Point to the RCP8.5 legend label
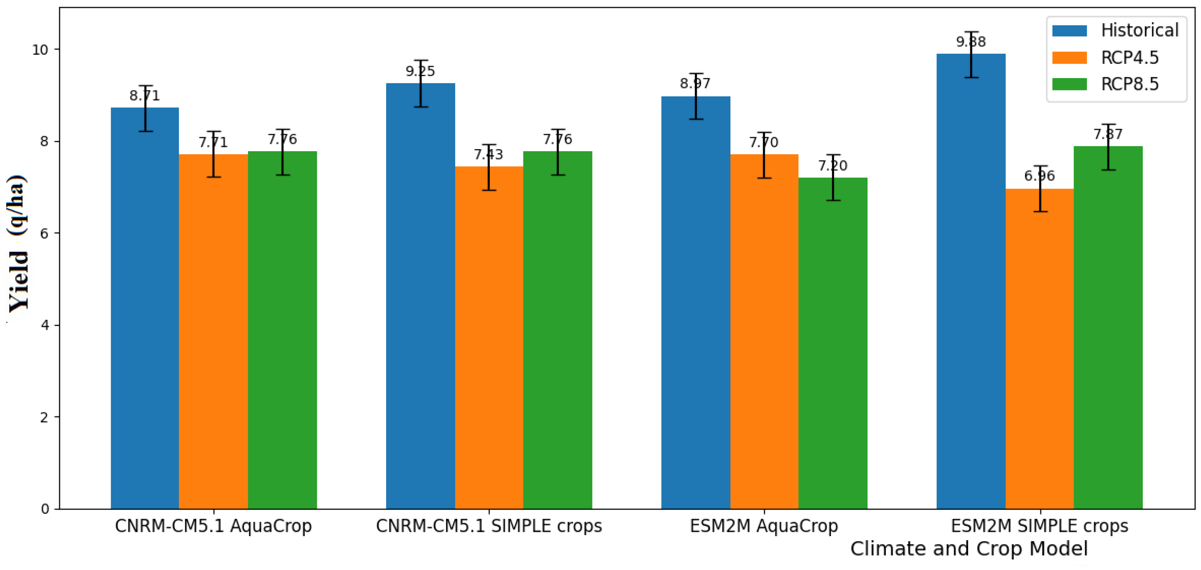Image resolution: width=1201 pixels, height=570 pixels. point(1129,84)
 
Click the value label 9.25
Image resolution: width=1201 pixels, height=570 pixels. point(420,71)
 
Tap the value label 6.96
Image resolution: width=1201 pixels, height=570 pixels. point(1039,176)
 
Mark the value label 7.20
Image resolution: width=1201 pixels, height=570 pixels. point(833,166)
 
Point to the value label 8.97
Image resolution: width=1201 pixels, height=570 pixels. point(695,83)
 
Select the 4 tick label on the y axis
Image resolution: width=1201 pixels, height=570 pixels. point(45,325)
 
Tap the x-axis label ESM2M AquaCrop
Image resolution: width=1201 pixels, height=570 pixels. point(764,526)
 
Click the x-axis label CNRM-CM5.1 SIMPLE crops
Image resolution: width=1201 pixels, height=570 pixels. point(489,526)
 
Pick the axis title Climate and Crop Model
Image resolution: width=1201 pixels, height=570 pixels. point(969,548)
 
